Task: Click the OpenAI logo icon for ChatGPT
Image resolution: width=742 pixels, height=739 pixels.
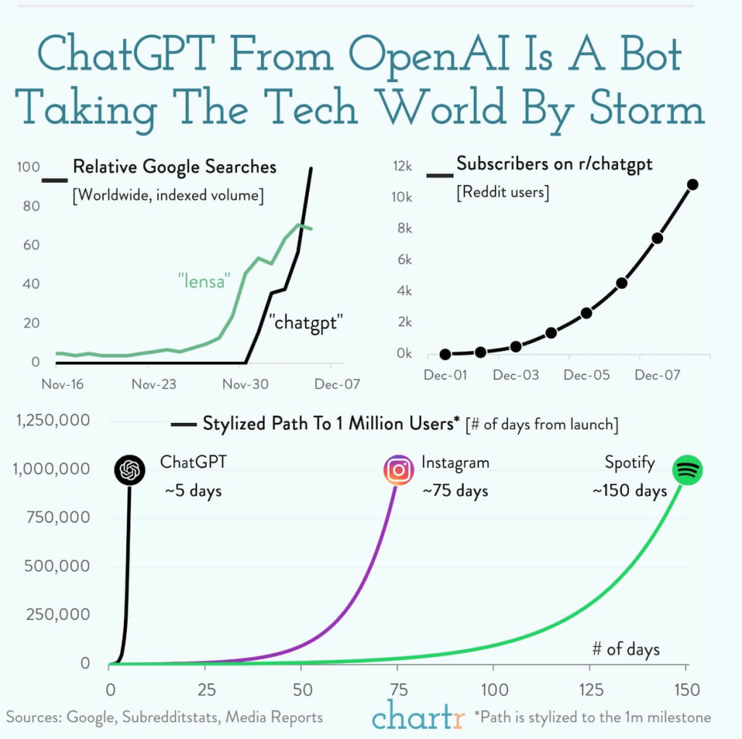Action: pyautogui.click(x=130, y=471)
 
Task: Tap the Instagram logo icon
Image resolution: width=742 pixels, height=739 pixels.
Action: pyautogui.click(x=398, y=471)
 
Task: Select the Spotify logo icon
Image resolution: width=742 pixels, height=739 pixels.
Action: pyautogui.click(x=686, y=471)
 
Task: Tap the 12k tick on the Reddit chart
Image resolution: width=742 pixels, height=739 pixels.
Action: pyautogui.click(x=401, y=167)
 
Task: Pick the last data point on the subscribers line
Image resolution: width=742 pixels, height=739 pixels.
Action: pyautogui.click(x=693, y=184)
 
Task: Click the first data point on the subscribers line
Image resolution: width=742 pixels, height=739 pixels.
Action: pyautogui.click(x=445, y=355)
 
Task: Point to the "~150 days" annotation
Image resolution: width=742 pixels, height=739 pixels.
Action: pyautogui.click(x=629, y=491)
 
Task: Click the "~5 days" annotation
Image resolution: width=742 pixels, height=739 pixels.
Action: pyautogui.click(x=193, y=491)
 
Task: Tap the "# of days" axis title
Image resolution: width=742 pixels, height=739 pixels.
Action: pyautogui.click(x=625, y=648)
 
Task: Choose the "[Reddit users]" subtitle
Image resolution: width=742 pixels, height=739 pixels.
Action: pyautogui.click(x=502, y=193)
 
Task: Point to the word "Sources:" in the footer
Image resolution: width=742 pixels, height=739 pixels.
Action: pyautogui.click(x=34, y=717)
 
